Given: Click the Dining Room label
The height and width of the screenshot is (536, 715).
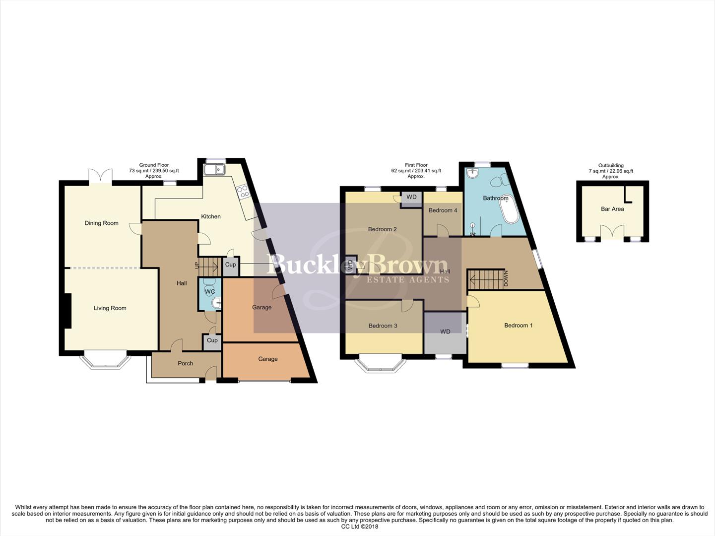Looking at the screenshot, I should tap(101, 223).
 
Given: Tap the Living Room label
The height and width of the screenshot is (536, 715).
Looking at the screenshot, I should tap(110, 308).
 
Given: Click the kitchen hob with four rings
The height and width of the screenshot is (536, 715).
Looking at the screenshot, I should tap(243, 192).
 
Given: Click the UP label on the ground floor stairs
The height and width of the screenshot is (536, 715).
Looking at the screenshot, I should tap(196, 266).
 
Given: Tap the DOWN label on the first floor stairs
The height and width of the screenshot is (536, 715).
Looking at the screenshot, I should tap(506, 278).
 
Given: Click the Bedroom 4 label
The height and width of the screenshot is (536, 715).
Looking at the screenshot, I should tap(443, 210).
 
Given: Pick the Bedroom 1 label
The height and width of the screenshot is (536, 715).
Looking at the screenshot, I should tap(518, 326).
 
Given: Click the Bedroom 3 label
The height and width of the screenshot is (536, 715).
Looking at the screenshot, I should tap(383, 326).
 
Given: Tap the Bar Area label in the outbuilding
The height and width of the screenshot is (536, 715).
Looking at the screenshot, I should tap(612, 209).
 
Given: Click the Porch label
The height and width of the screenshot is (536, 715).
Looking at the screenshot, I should tap(185, 363).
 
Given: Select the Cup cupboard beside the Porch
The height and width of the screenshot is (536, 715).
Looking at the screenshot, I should tap(212, 341).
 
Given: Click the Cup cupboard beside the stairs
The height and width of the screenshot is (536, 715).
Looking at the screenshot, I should tap(230, 265).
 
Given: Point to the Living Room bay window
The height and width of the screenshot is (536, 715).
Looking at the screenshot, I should tap(106, 361).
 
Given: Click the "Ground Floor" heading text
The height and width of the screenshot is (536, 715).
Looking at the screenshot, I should tap(154, 165).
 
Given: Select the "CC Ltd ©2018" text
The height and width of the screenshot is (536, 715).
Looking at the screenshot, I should tap(359, 527).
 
